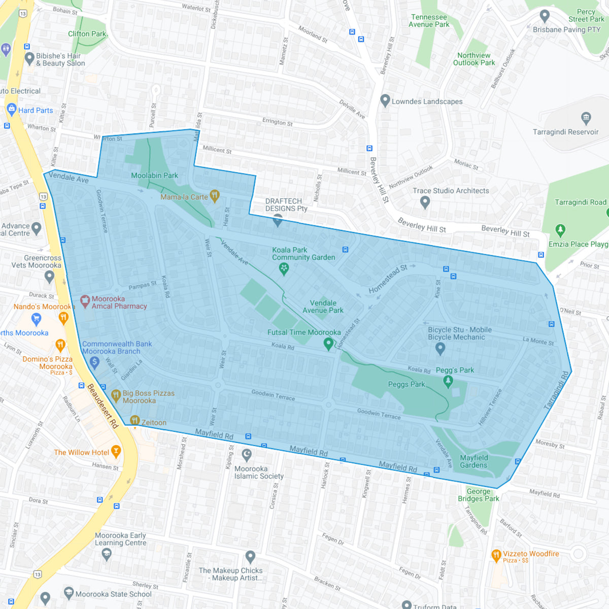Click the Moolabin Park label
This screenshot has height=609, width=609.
coord(154,176)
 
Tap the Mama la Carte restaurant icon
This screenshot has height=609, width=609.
coord(215,195)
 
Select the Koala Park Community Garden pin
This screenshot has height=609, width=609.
coord(284,268)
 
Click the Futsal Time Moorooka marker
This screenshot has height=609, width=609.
coord(328,344)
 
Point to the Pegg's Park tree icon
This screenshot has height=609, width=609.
coord(448,381)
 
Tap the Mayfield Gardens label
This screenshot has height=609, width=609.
coord(473,461)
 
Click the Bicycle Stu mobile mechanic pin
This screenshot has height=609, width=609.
coord(440,348)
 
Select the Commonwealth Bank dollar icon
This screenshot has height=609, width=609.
coord(94,362)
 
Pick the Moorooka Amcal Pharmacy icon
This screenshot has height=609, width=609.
coord(84,301)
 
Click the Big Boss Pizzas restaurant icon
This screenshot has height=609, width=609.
coord(116,395)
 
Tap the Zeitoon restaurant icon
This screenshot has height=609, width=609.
coord(134,420)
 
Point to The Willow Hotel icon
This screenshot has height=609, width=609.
coord(116,451)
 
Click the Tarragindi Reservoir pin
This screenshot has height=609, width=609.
coord(586,118)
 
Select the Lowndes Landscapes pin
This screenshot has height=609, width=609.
coord(385,100)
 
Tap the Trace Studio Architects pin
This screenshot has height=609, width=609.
coord(425,202)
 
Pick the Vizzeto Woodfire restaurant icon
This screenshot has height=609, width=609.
coord(496,555)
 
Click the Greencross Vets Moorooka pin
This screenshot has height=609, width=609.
coord(49,277)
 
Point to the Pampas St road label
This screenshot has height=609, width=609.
coord(143,286)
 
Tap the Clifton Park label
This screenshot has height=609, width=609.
coord(87,34)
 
